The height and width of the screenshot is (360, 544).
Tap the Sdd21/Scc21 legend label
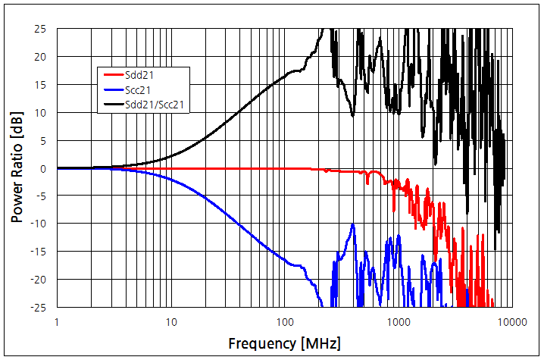coord(155,105)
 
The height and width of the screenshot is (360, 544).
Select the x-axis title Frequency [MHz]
coord(284,343)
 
